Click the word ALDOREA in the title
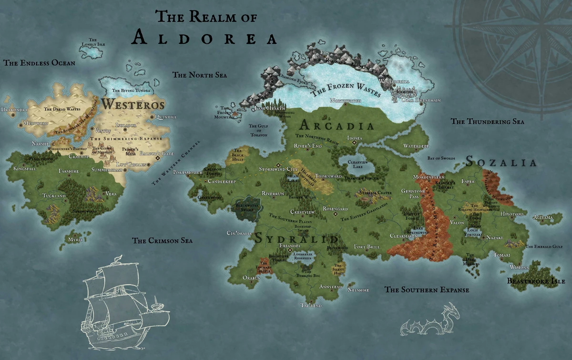tap(204, 37)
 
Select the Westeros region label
tap(133, 104)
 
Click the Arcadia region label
tap(337, 126)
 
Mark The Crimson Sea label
tap(163, 241)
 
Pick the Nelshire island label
tap(358, 289)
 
